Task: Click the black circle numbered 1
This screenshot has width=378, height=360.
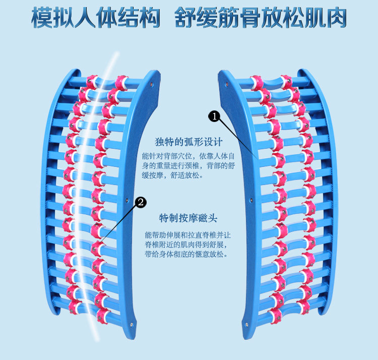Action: coord(215,116)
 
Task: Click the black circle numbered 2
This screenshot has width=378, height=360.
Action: coord(141,203)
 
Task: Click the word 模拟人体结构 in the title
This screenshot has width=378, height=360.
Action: coord(96,19)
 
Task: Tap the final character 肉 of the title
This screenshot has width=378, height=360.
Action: coord(336,19)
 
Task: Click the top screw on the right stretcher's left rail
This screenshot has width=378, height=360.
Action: coord(225,84)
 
